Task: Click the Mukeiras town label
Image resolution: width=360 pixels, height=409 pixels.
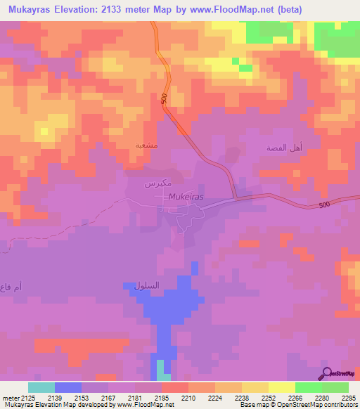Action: pyautogui.click(x=186, y=197)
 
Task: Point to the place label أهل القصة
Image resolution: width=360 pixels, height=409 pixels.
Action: pyautogui.click(x=284, y=148)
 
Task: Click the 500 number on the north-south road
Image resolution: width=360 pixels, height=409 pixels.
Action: pyautogui.click(x=165, y=100)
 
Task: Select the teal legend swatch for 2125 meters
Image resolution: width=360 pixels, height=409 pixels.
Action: pyautogui.click(x=41, y=387)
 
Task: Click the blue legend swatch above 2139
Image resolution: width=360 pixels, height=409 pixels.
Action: pyautogui.click(x=68, y=387)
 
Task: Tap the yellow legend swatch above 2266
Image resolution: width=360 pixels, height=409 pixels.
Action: pyautogui.click(x=281, y=387)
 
